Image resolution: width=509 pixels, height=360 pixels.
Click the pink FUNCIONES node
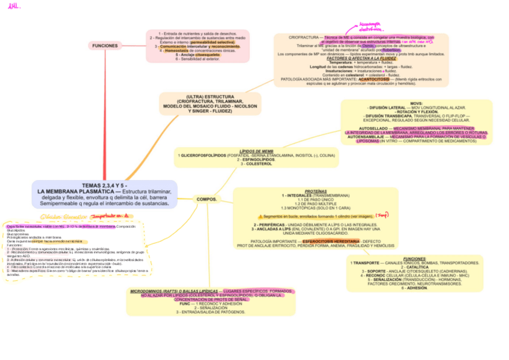[x=105, y=46]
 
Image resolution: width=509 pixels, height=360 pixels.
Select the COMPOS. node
[x=206, y=199]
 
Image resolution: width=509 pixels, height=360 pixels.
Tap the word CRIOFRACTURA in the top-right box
[x=303, y=37]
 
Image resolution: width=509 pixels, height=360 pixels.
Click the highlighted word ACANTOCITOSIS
[x=373, y=79]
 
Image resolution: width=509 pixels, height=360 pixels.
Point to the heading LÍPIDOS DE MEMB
[x=256, y=151]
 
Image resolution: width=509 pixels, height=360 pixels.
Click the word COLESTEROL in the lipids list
[x=259, y=164]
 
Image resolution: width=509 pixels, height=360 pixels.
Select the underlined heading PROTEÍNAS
[x=316, y=191]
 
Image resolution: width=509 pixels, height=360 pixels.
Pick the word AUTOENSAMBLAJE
[x=370, y=137]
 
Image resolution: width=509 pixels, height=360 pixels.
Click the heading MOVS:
[x=417, y=103]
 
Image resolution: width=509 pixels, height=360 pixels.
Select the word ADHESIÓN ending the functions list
[x=417, y=288]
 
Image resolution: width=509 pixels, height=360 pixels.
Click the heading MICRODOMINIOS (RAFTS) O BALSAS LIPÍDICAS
[x=174, y=291]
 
